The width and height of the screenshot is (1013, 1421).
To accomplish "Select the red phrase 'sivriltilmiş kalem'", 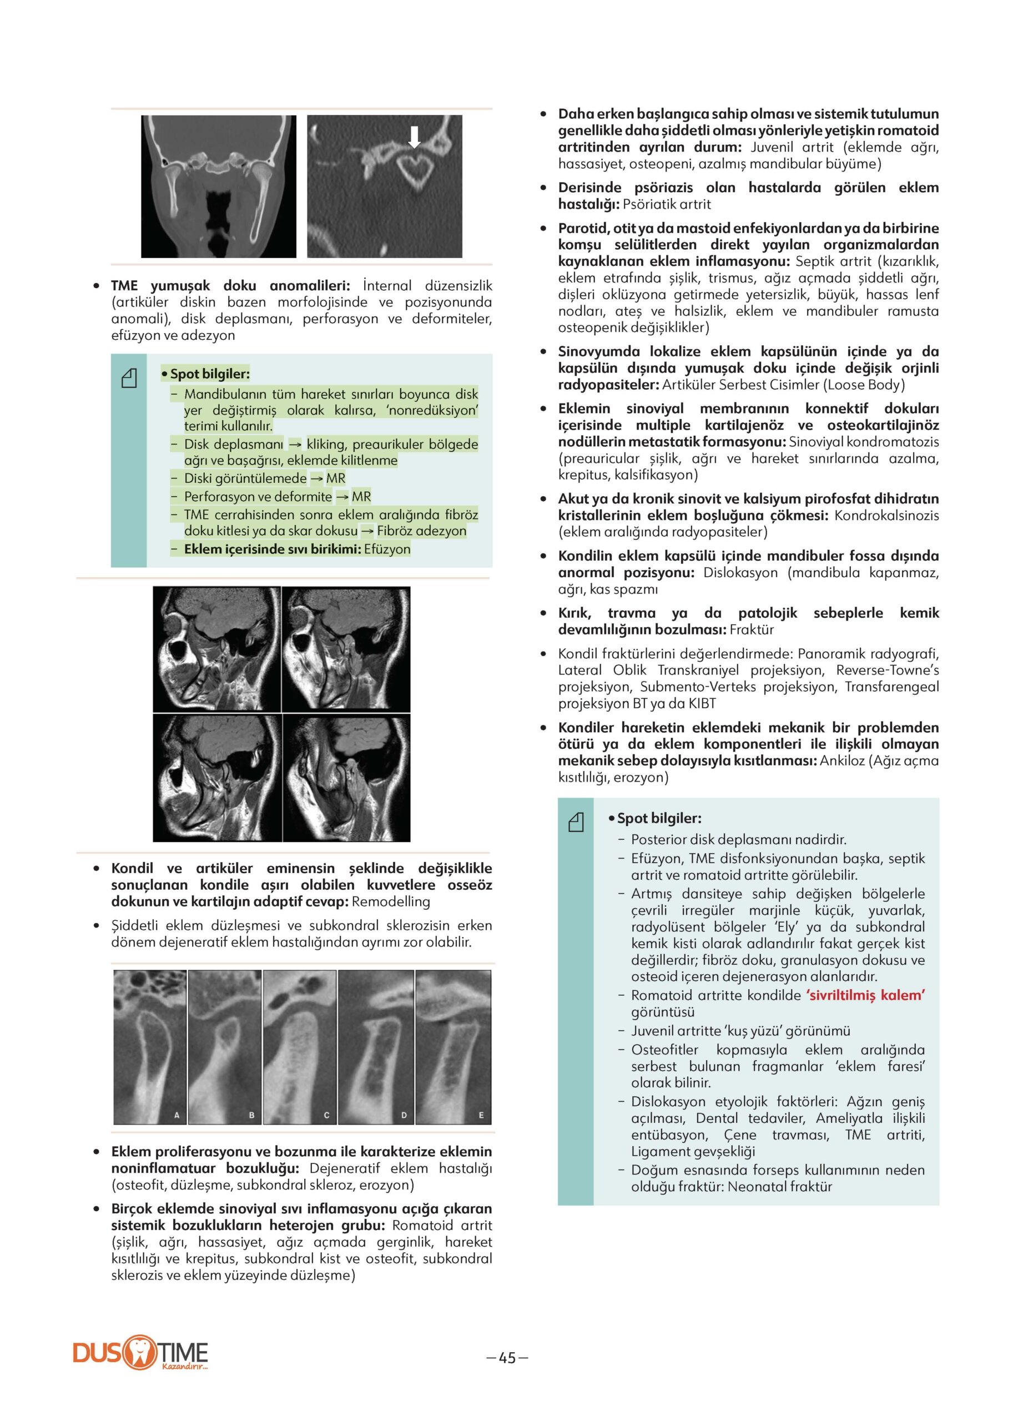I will click(x=865, y=995).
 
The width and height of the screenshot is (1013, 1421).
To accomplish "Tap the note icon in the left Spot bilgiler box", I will click(x=128, y=378).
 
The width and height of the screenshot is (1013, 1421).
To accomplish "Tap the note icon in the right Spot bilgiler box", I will click(x=576, y=823).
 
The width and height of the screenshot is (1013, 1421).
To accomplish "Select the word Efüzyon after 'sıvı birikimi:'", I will click(x=387, y=549).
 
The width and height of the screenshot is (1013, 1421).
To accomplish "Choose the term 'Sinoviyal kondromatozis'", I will click(x=864, y=442).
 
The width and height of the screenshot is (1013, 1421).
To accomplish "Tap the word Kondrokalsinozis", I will click(x=886, y=515).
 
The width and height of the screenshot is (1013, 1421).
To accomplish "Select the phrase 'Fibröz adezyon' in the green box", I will click(x=422, y=531).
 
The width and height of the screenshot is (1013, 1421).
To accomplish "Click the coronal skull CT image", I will click(x=218, y=186).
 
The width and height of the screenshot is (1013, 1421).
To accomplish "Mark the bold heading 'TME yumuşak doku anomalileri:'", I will click(x=230, y=286).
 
